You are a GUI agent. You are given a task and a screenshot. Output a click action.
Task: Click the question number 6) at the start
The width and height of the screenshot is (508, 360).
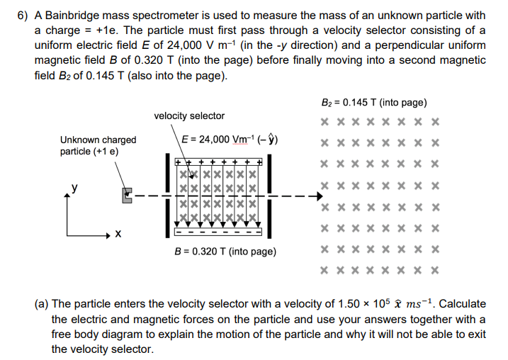[23, 15]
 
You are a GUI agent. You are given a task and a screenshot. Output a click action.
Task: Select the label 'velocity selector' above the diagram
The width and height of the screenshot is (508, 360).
[189, 116]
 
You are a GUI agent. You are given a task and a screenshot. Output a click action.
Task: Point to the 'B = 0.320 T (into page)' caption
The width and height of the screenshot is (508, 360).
[225, 251]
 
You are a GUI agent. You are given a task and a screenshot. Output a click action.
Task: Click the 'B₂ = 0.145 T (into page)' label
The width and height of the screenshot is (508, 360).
[374, 103]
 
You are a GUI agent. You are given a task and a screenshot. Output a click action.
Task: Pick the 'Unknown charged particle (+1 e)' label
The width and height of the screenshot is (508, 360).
[98, 145]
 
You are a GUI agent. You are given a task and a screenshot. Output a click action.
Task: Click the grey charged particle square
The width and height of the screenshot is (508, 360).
[128, 195]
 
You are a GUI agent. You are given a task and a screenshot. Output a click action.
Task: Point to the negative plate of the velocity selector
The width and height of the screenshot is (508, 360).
[218, 231]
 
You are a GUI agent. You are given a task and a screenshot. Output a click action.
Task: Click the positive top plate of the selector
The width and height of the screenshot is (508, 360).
[218, 163]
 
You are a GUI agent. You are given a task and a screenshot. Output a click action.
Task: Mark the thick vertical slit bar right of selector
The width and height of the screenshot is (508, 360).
[271, 197]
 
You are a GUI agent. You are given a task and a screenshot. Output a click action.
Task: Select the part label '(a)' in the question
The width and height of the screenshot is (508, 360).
[43, 304]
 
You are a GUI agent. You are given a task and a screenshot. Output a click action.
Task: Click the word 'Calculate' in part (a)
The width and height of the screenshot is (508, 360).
[462, 304]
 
